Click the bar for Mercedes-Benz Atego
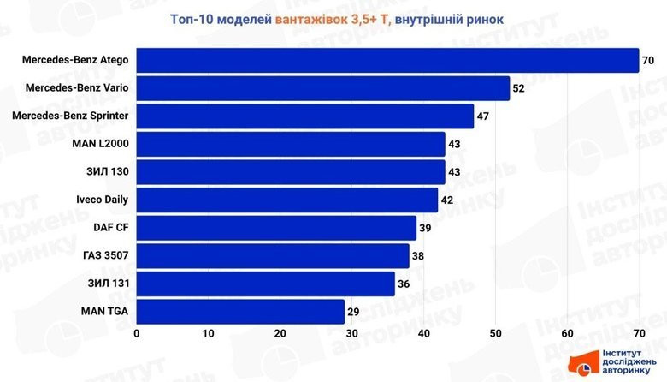coord(387,60)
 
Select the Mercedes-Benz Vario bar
coord(322,88)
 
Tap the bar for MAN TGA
coord(240,311)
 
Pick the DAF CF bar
coord(276,228)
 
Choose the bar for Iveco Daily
coord(287,200)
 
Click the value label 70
coord(648,60)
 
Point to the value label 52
coord(518,88)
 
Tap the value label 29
coord(353,311)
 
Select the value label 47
coord(482,116)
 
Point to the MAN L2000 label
coord(101,144)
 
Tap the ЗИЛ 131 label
coord(108,284)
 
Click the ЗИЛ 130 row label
coord(108,171)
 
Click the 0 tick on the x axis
coord(137,332)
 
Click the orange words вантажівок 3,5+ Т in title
coord(332,17)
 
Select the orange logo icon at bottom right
coord(585,366)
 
